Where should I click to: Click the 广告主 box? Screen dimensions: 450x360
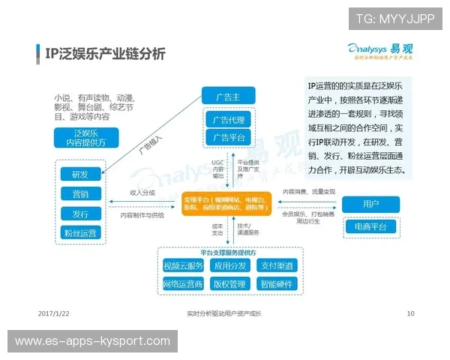point(228,96)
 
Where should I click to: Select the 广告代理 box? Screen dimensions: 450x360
point(228,120)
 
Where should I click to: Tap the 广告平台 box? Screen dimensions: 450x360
point(228,137)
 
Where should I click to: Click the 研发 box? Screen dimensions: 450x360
point(80,175)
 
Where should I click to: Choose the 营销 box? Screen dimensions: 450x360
point(80,194)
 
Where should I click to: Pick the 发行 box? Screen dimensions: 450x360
point(80,214)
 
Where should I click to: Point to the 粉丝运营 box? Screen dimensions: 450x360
point(80,233)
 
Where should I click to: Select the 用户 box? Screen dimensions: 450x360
point(370,204)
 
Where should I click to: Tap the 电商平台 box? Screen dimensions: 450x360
point(370,226)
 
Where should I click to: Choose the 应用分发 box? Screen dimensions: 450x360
point(229,265)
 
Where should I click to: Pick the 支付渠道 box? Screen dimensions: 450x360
point(277,265)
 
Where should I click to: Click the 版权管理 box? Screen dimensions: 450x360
point(229,284)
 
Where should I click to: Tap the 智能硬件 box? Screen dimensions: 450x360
point(277,284)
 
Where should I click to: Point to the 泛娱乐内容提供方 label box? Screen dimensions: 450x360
point(80,138)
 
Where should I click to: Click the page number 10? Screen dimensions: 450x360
point(410,313)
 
